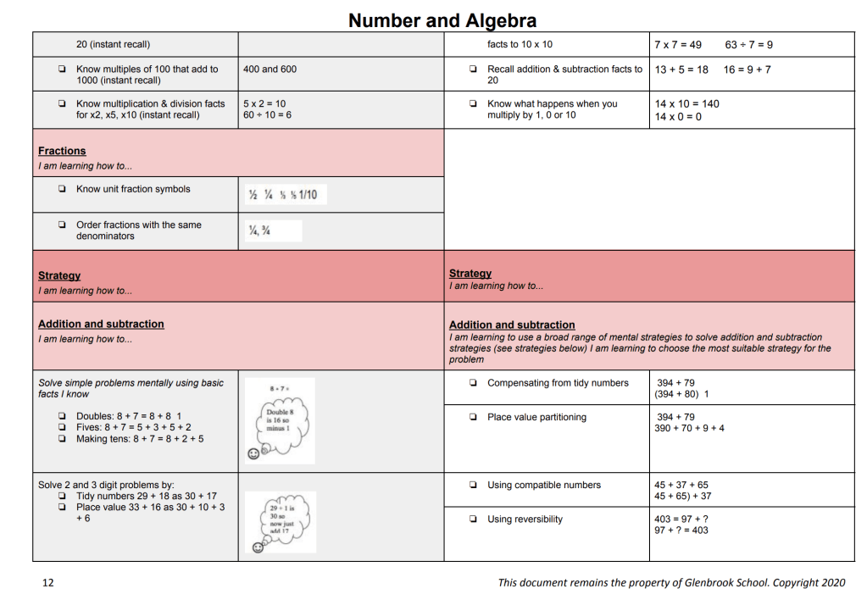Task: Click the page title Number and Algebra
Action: tap(442, 20)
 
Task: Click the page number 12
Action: tap(48, 582)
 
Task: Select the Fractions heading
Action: tap(62, 151)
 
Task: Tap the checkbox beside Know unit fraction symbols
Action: tap(62, 190)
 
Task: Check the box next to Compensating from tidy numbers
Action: tap(473, 383)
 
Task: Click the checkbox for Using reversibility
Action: tap(473, 519)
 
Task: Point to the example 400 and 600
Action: tap(270, 69)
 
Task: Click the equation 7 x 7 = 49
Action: tap(678, 45)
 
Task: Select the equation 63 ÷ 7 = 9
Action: tap(748, 45)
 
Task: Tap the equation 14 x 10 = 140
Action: tap(686, 104)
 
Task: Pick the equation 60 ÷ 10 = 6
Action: tap(267, 115)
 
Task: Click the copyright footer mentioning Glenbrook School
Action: tap(671, 582)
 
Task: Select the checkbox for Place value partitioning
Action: tap(473, 418)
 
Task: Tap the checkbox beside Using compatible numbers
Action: tap(473, 486)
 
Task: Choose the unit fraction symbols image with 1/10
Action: tap(283, 195)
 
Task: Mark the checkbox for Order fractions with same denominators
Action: tap(62, 225)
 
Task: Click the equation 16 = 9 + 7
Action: tap(748, 69)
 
